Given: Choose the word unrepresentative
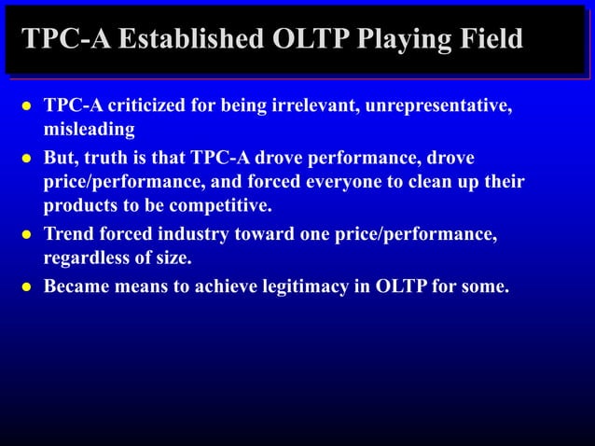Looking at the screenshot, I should pyautogui.click(x=438, y=104).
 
